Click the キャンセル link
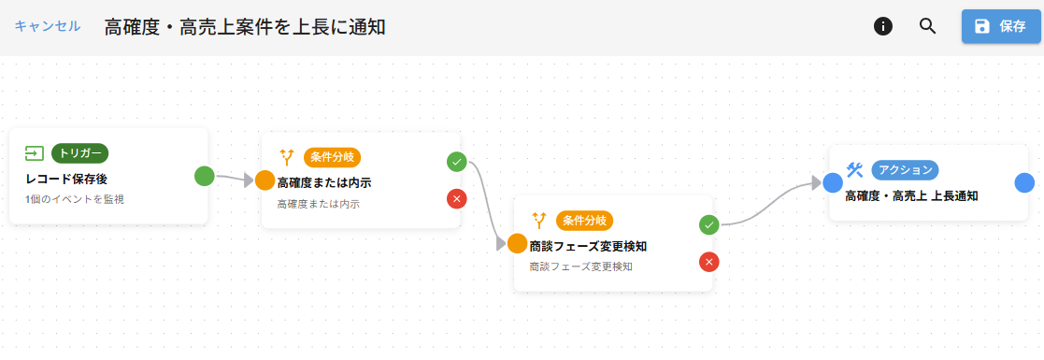click(x=47, y=26)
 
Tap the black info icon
click(x=882, y=26)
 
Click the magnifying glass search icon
click(x=927, y=26)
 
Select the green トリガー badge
click(x=80, y=153)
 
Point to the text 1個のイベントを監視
click(x=75, y=199)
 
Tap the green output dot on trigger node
click(x=205, y=175)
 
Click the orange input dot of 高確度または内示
click(x=265, y=180)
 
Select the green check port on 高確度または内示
click(x=456, y=161)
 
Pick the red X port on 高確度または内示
click(x=456, y=198)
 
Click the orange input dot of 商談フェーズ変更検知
click(x=517, y=243)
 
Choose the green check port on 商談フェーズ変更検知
click(x=708, y=224)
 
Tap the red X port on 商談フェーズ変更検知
click(x=708, y=261)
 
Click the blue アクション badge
click(x=905, y=170)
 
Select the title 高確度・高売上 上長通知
click(x=911, y=195)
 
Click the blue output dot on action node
click(x=1024, y=182)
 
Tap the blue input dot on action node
click(x=833, y=182)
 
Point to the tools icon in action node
click(x=854, y=169)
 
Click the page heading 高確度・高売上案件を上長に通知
click(x=245, y=27)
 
